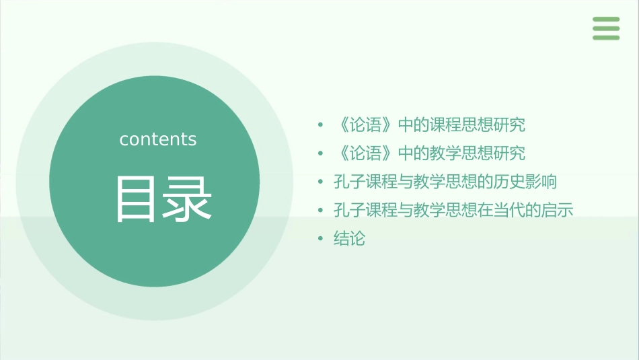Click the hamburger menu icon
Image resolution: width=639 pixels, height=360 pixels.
point(605,28)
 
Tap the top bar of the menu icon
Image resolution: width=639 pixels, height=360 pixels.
point(605,20)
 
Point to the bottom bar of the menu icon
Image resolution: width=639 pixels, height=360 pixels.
point(605,38)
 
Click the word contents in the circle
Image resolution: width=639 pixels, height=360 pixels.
point(158,139)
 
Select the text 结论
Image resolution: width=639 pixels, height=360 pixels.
point(349,238)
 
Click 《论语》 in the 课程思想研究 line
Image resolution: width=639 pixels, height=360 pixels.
point(365,125)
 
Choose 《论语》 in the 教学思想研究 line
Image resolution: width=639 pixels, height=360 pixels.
point(365,153)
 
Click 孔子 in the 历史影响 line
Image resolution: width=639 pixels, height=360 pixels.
point(349,182)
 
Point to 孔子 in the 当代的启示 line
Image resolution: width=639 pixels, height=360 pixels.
point(349,210)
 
